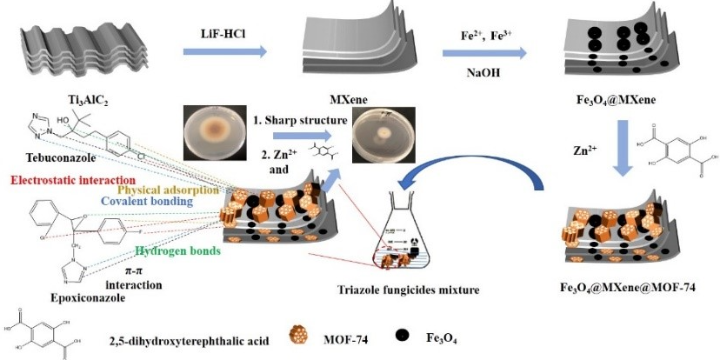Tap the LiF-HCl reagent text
coord(225,31)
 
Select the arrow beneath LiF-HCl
coord(225,53)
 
